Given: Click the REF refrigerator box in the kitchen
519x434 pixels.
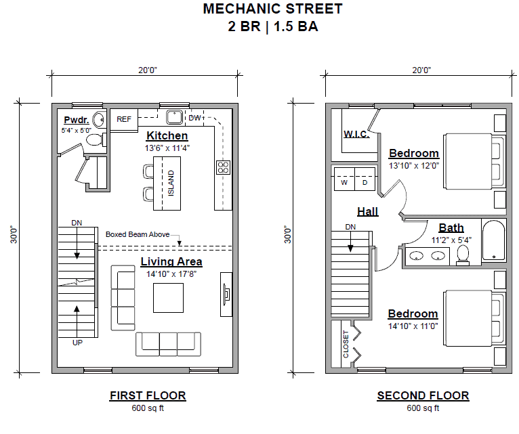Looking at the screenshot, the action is point(124,120).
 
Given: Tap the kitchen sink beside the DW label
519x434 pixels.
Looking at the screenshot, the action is point(174,117).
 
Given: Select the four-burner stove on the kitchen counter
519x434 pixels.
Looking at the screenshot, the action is point(223,167).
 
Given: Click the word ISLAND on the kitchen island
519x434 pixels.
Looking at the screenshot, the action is point(171,183).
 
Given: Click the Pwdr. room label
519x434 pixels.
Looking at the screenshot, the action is point(76,120).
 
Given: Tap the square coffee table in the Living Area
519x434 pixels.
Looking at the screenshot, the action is point(168,298).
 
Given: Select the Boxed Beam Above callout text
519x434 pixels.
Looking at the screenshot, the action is point(138,234).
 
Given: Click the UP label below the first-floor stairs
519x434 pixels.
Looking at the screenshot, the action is point(77,343).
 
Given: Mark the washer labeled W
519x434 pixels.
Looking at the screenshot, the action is point(344,179).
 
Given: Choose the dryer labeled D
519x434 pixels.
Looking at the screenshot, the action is point(365,179).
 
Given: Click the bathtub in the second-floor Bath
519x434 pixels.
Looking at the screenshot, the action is point(493,240).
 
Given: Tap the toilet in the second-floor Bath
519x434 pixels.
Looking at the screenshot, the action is point(463,256).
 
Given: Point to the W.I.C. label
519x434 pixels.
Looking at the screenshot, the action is point(356,134).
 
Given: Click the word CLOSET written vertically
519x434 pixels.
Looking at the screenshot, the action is point(346,344).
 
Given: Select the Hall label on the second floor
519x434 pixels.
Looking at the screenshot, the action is point(367,212).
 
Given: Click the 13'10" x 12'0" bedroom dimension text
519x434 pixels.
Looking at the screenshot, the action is point(414,166).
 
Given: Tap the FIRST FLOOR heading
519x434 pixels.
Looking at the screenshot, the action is point(148,395).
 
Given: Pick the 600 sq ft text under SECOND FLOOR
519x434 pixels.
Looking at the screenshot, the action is point(423,408).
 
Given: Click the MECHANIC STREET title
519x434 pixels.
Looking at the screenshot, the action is point(273,9).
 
